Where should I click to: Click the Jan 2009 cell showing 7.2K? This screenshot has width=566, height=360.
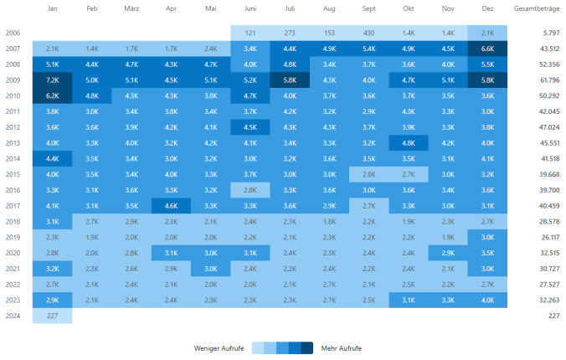52,80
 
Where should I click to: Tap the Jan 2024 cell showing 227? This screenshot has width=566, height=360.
52,316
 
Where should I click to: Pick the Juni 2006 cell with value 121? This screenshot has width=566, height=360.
250,33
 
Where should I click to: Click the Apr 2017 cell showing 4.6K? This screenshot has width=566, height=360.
171,206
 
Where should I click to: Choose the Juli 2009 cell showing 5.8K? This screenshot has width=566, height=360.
290,80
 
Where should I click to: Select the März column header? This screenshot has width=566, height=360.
131,9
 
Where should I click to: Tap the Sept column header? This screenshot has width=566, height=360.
369,9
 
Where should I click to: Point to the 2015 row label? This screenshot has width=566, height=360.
13,174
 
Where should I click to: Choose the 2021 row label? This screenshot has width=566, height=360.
13,269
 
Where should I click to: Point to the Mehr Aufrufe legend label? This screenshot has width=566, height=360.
342,347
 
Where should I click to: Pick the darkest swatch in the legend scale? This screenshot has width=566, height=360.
307,347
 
